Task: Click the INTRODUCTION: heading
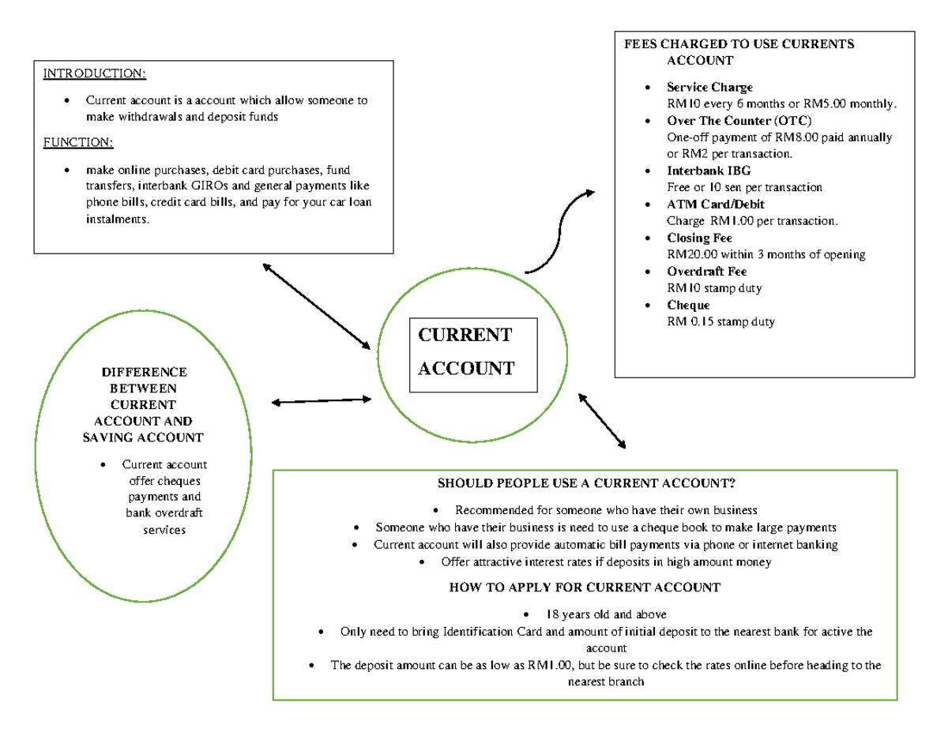pos(94,74)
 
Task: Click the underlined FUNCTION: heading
pos(78,142)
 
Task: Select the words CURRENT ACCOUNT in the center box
pos(465,351)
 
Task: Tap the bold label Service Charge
pos(709,87)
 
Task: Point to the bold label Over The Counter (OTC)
pos(739,121)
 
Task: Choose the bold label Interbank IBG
pos(709,171)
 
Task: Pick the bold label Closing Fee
pos(699,238)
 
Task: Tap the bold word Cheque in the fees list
pos(688,305)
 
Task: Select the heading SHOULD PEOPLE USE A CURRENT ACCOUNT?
pos(585,483)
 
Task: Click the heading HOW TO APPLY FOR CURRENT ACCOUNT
pos(585,587)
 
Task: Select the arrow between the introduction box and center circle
pos(317,306)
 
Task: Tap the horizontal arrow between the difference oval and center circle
pos(321,402)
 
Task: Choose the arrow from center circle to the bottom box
pos(602,421)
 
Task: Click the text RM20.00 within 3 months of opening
pos(766,254)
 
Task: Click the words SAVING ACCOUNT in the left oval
pos(143,437)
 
